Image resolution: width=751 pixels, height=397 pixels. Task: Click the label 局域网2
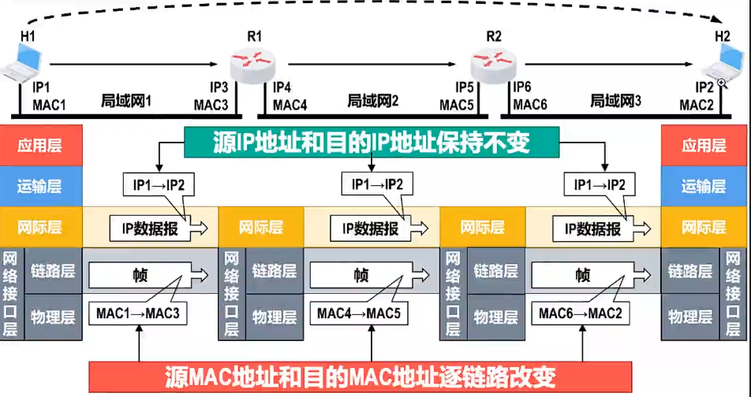point(373,102)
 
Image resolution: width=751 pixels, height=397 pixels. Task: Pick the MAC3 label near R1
point(211,104)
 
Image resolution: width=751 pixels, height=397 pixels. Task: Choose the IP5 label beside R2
point(465,87)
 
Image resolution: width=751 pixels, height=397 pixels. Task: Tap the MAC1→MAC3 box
point(138,314)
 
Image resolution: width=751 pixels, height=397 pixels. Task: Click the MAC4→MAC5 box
point(359,314)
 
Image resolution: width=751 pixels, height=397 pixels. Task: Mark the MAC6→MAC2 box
point(581,314)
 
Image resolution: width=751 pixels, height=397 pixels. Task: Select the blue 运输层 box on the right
point(703,187)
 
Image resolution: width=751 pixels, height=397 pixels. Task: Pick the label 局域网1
point(126,102)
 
